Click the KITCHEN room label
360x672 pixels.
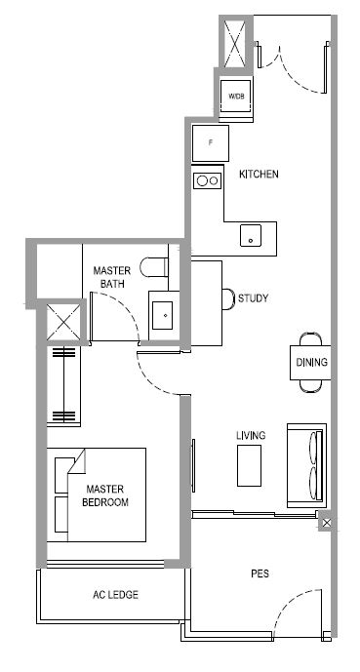pyautogui.click(x=259, y=174)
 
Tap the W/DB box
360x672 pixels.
pyautogui.click(x=235, y=96)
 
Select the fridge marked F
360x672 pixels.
pyautogui.click(x=210, y=143)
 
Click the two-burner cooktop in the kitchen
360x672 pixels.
pyautogui.click(x=208, y=180)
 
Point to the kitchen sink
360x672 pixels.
pyautogui.click(x=251, y=235)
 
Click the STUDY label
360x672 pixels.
pyautogui.click(x=253, y=298)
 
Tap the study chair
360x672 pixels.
pyautogui.click(x=228, y=298)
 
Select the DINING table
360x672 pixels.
pyautogui.click(x=310, y=363)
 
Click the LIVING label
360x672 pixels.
pyautogui.click(x=251, y=435)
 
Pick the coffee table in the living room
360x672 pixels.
pyautogui.click(x=249, y=465)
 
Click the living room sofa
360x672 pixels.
pyautogui.click(x=306, y=466)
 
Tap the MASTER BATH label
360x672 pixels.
pyautogui.click(x=111, y=277)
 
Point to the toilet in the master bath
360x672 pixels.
pyautogui.click(x=154, y=267)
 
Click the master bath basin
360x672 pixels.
pyautogui.click(x=162, y=315)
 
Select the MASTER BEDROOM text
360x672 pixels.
pyautogui.click(x=105, y=495)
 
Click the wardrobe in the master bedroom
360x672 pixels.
pyautogui.click(x=63, y=386)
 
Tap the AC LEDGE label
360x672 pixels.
pyautogui.click(x=115, y=595)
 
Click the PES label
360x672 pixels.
pyautogui.click(x=260, y=573)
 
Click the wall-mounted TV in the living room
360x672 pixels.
pyautogui.click(x=193, y=465)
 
